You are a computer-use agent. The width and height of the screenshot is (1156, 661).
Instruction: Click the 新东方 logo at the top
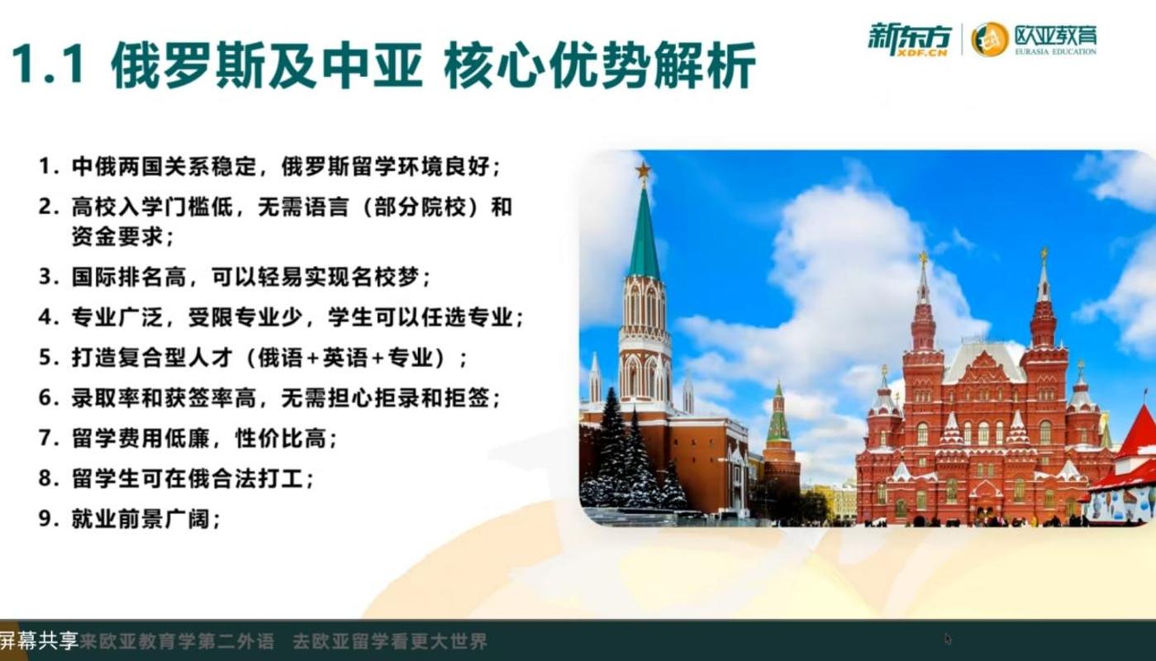coord(909,39)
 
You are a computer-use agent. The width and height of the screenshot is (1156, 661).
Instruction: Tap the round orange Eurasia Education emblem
coord(989,39)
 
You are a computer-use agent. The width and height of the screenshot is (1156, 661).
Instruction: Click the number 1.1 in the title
coord(48,64)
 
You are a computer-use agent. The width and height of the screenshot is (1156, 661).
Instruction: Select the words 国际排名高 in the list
coord(129,277)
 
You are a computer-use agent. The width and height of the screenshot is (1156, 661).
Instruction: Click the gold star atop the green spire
coord(643,169)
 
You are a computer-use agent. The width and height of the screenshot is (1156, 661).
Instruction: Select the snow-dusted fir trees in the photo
coord(630,454)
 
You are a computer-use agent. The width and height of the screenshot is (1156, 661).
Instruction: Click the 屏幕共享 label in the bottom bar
coord(39,640)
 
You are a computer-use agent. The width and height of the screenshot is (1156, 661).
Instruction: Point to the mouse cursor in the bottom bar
coord(948,640)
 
